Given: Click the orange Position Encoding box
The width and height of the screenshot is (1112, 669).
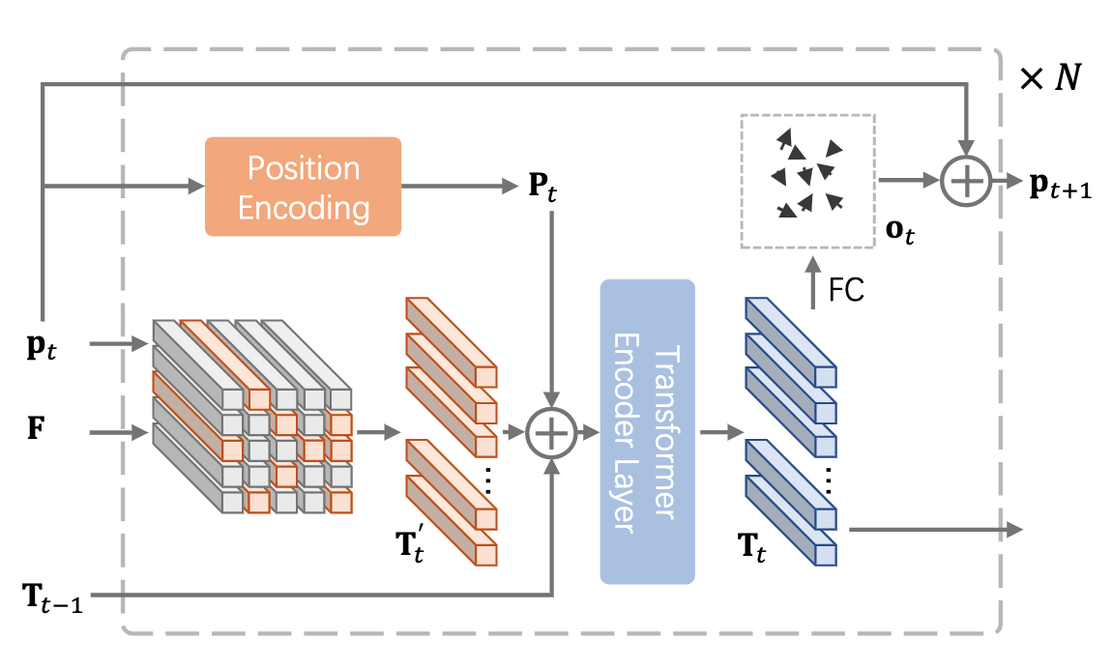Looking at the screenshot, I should (303, 187).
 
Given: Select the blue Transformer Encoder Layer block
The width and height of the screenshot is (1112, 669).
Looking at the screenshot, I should (647, 431).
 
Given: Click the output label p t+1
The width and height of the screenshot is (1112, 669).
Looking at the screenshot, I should (1060, 189).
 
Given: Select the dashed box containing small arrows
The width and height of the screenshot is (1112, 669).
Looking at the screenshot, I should (806, 181).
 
